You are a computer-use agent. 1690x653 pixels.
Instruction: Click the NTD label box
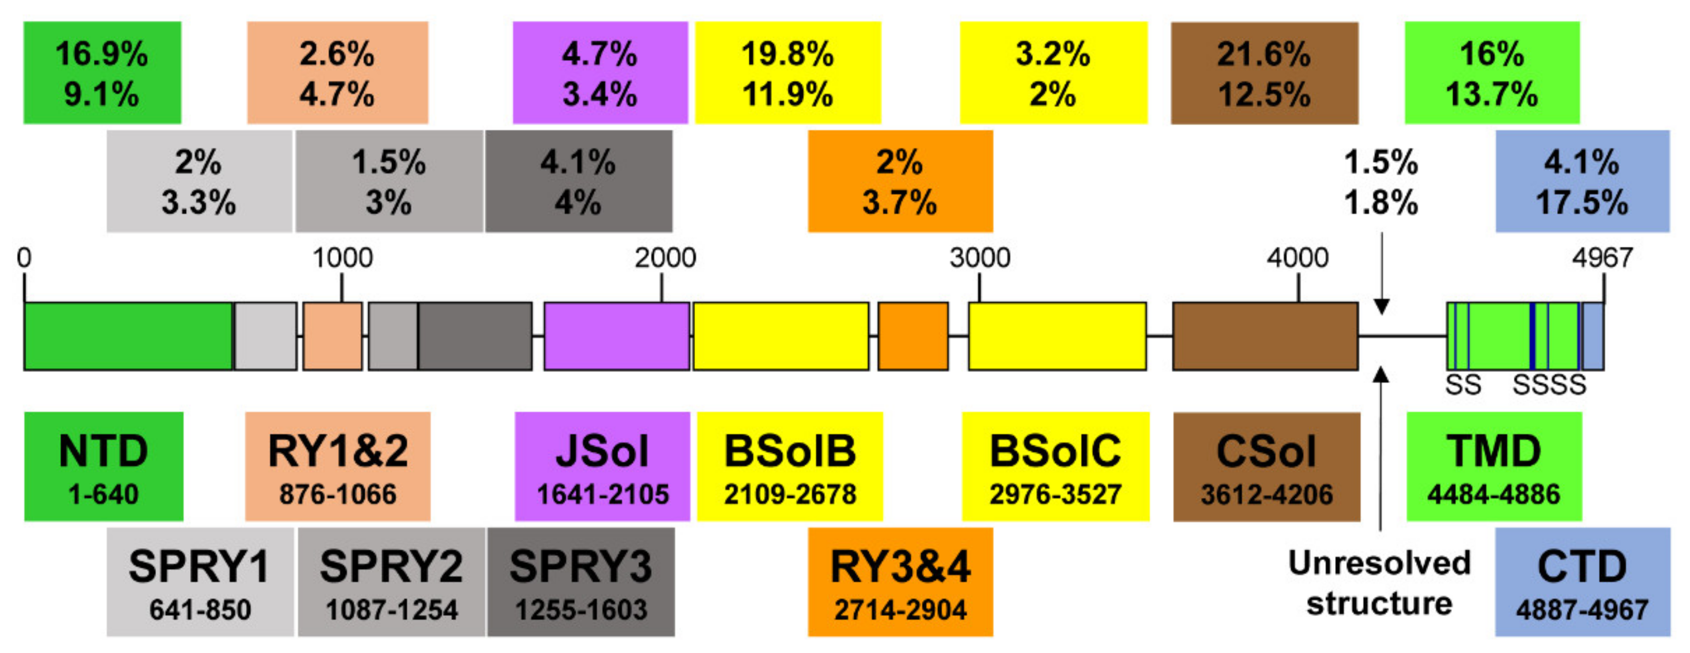point(104,466)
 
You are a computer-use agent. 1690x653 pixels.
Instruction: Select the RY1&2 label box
point(338,466)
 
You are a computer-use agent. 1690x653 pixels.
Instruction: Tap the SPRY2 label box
point(392,581)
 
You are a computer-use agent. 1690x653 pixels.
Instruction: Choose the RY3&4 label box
point(900,581)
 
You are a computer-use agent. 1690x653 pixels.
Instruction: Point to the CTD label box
point(1582,581)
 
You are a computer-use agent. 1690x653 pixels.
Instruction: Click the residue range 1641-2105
point(603,494)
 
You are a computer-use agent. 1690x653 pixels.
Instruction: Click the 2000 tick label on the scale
point(665,257)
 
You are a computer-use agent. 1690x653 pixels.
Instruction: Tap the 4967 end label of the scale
point(1602,257)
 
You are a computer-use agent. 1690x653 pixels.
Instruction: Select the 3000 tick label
point(979,257)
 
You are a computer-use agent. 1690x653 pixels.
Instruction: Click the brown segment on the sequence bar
point(1265,336)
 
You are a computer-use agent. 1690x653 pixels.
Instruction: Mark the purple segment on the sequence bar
point(617,336)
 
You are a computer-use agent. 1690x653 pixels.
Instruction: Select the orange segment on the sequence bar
point(912,336)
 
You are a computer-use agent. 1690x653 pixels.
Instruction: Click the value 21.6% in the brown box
point(1264,54)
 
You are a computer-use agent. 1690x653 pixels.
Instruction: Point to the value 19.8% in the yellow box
point(787,54)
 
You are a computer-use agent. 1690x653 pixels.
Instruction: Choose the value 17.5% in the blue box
point(1582,202)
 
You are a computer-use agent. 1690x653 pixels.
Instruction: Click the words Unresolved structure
point(1380,583)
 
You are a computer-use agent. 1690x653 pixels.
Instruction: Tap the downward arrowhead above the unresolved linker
point(1382,306)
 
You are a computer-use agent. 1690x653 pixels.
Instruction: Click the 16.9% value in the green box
point(102,54)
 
